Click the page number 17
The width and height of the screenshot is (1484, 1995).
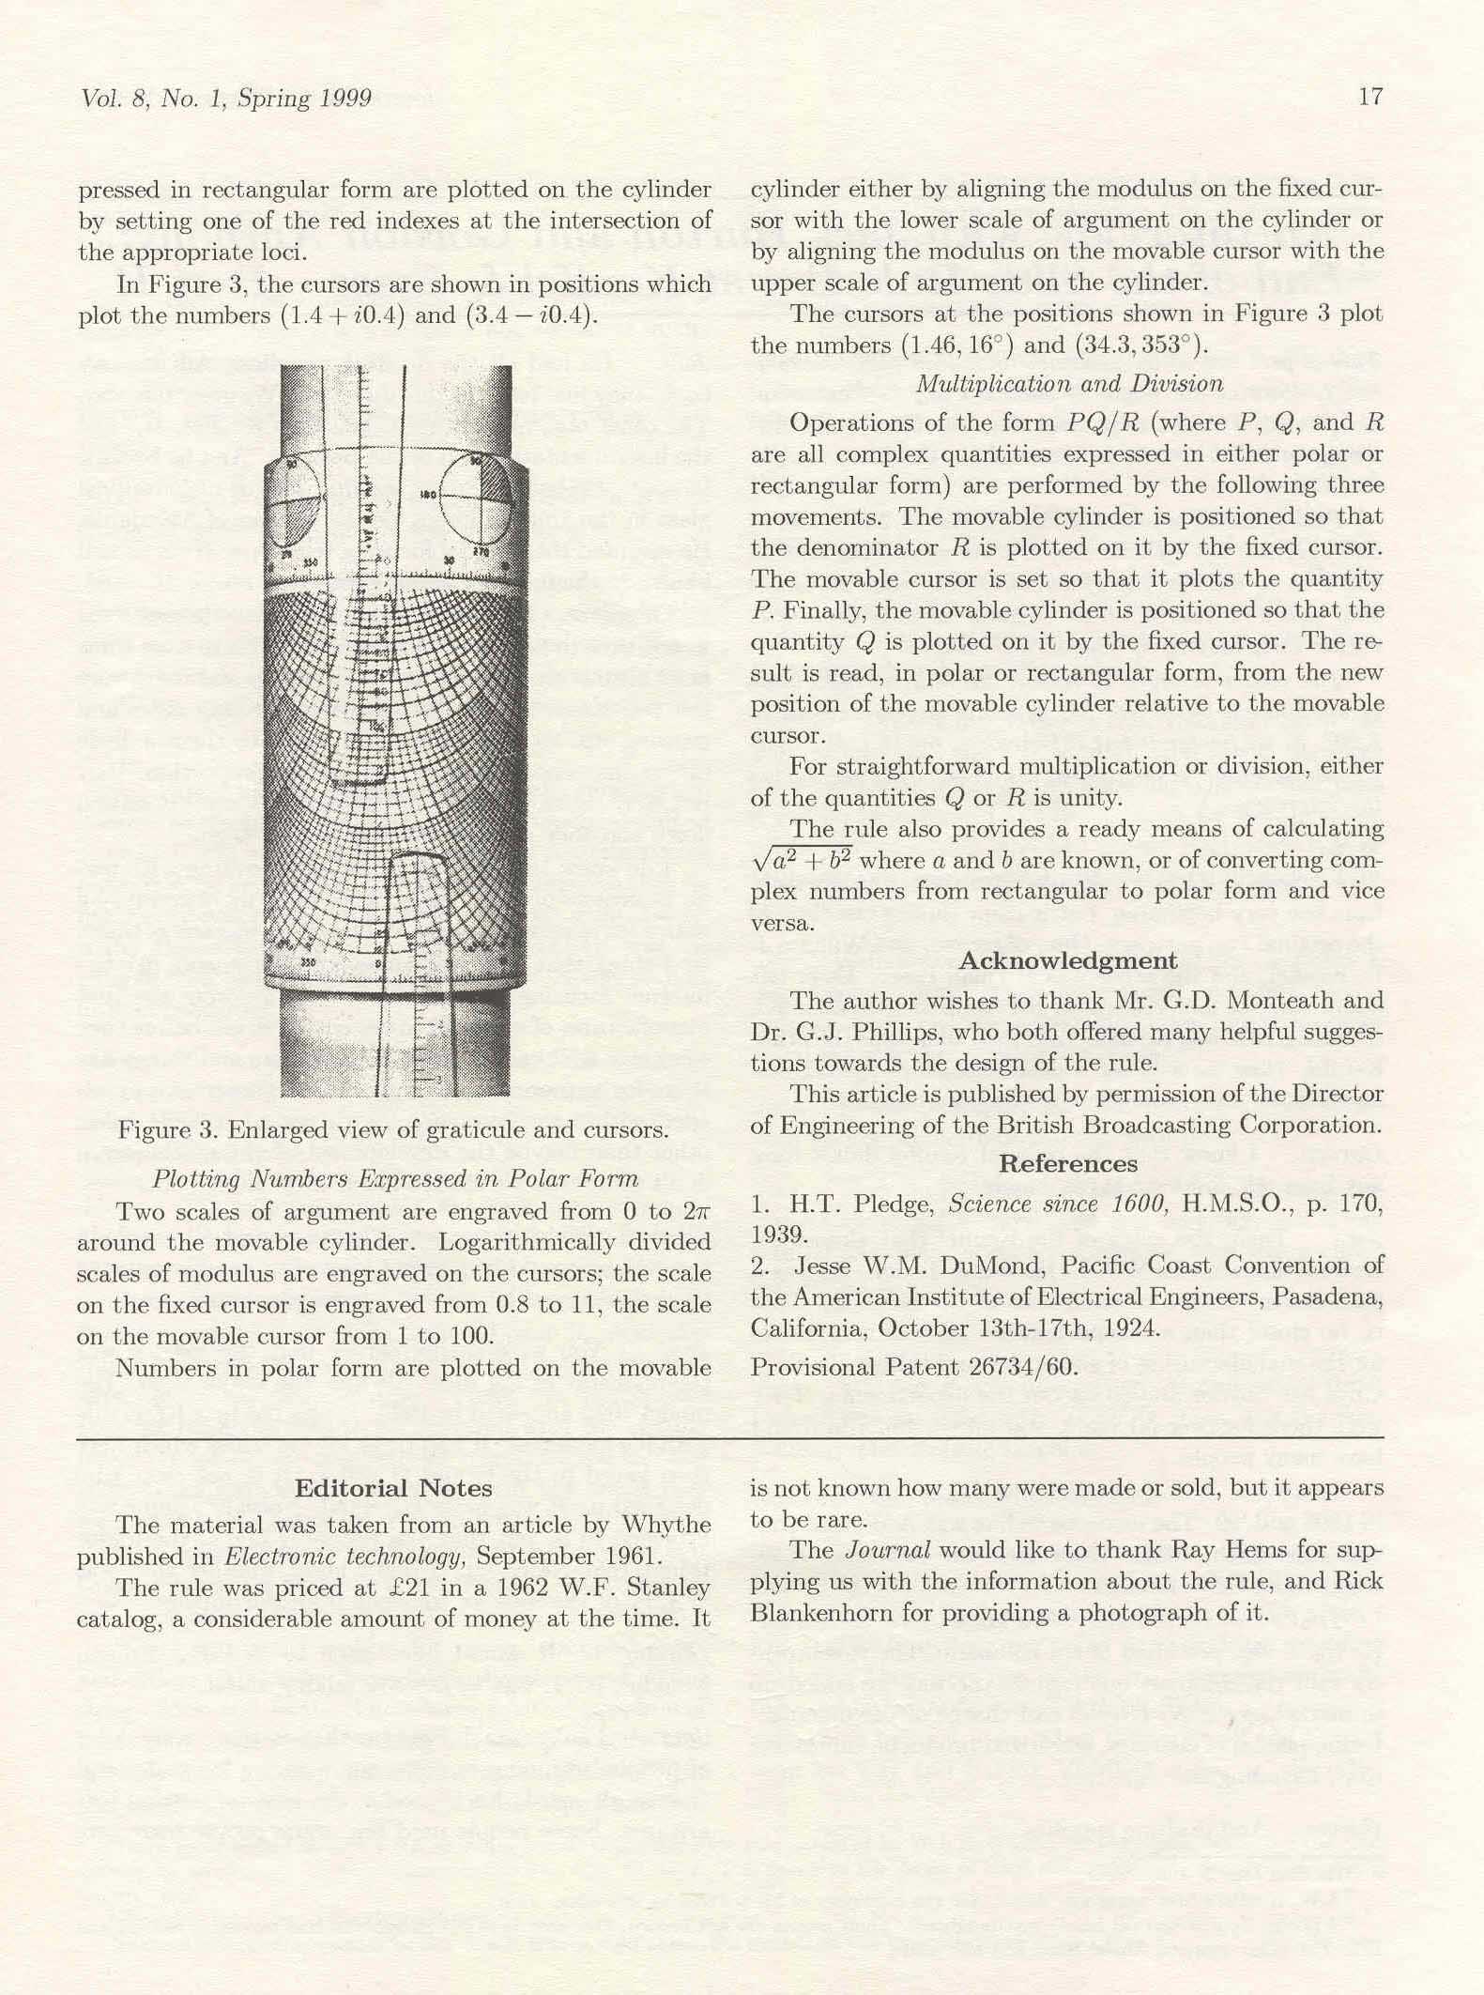point(1370,97)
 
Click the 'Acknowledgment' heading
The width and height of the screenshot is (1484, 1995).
point(1067,960)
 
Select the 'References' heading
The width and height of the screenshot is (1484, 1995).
point(1067,1164)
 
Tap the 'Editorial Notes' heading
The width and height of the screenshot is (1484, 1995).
point(393,1488)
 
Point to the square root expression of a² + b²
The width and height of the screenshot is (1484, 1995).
point(801,861)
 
